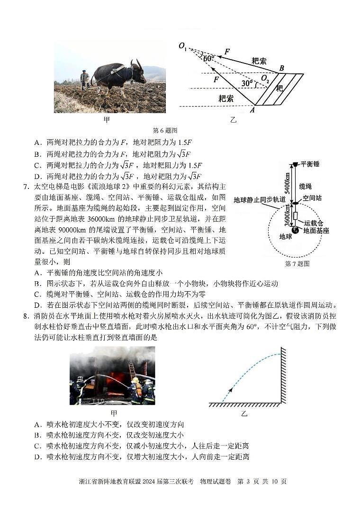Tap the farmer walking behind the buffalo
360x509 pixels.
click(84, 79)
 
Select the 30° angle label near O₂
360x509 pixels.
click(246, 83)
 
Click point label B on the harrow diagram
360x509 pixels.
click(281, 68)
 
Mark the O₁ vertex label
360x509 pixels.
click(183, 46)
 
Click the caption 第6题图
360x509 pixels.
click(164, 130)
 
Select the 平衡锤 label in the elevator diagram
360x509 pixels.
click(310, 164)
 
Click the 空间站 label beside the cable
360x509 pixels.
click(312, 198)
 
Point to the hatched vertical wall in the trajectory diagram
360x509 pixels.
click(283, 375)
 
